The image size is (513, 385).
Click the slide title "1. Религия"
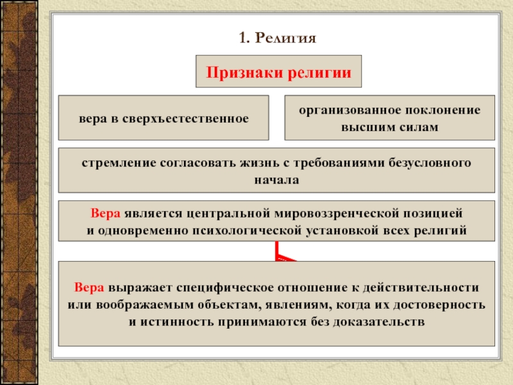coord(278,38)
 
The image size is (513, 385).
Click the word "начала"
coord(277,180)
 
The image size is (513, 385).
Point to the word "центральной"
coord(218,212)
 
